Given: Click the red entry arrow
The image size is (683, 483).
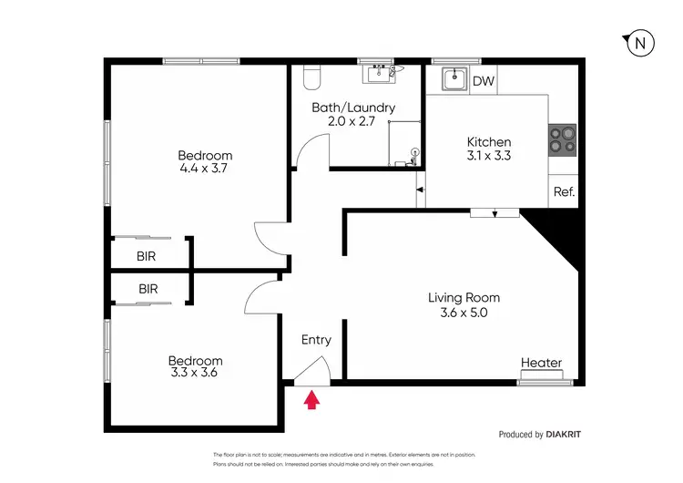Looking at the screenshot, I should click(311, 398).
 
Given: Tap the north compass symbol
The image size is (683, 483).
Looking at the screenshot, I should click(640, 43).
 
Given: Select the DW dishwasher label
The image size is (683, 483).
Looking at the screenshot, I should click(484, 81).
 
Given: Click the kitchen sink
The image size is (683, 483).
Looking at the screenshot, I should click(454, 80).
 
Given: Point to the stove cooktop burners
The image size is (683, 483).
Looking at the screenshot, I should click(562, 138).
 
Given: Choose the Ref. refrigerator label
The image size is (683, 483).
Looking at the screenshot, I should click(564, 192).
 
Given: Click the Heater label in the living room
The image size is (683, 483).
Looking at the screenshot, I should click(541, 363).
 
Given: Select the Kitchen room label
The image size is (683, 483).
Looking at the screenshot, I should click(489, 142).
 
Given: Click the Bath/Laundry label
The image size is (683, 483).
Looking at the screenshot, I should click(353, 108).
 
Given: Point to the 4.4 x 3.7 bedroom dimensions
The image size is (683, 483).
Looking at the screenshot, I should click(205, 169).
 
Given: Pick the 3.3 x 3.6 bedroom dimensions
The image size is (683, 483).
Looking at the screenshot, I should click(196, 372).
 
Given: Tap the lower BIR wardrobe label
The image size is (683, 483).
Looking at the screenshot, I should click(148, 289).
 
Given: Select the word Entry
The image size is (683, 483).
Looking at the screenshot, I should click(316, 340).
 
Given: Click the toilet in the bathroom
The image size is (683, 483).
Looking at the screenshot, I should click(309, 78).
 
